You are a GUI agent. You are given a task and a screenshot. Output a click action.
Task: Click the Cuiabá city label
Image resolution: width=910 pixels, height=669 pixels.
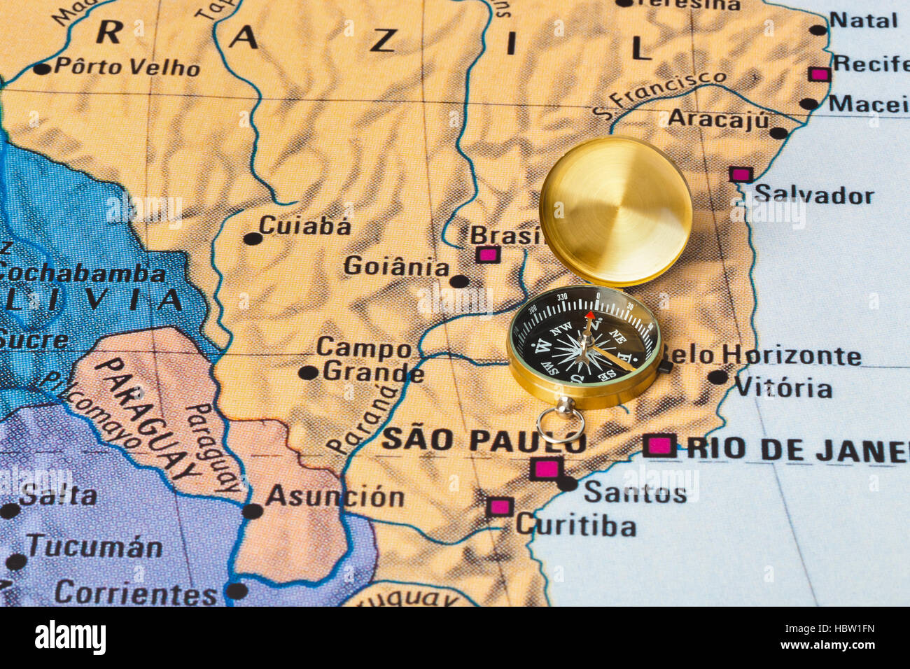tap(304, 225)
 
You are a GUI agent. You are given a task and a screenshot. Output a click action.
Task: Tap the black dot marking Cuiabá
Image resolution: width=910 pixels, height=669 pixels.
tap(252, 239)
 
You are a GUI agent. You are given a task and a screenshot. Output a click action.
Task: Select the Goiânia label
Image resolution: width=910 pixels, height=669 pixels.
tap(396, 267)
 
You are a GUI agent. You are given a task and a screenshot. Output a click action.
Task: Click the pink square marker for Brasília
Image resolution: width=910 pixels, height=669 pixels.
tap(487, 255)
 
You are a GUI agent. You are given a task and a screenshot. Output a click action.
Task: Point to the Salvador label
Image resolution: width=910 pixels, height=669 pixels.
tap(813, 195)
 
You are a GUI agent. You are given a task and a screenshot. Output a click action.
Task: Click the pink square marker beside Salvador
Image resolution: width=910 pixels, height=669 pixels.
tap(740, 174)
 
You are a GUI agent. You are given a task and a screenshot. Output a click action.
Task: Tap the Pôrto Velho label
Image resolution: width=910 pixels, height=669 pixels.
tap(127, 67)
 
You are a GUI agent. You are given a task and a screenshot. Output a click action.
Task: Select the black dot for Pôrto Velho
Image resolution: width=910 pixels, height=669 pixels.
tap(42, 69)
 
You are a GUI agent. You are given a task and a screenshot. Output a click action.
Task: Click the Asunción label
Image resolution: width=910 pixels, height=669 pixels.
tap(335, 496)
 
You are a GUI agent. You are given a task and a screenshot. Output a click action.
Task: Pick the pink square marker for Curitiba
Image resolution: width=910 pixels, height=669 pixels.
tap(500, 507)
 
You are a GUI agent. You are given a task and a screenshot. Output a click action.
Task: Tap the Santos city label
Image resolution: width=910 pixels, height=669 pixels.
tap(635, 493)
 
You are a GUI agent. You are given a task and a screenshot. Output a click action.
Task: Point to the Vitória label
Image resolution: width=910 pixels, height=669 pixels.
tap(783, 387)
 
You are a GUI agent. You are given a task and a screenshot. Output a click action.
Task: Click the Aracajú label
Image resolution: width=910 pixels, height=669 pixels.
tap(717, 118)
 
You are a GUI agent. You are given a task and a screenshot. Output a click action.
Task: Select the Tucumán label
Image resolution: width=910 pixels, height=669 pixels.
tap(94, 547)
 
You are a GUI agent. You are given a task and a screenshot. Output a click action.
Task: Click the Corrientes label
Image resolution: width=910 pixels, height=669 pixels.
tap(136, 593)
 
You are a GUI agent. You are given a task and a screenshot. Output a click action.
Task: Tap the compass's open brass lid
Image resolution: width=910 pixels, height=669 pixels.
tap(615, 211)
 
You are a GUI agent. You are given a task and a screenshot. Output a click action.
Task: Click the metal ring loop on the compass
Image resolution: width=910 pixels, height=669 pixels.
tap(560, 425)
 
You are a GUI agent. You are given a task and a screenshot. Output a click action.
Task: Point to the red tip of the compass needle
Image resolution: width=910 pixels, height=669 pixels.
tap(590, 317)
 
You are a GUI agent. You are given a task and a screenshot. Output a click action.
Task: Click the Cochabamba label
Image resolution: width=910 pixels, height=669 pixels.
tap(83, 273)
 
